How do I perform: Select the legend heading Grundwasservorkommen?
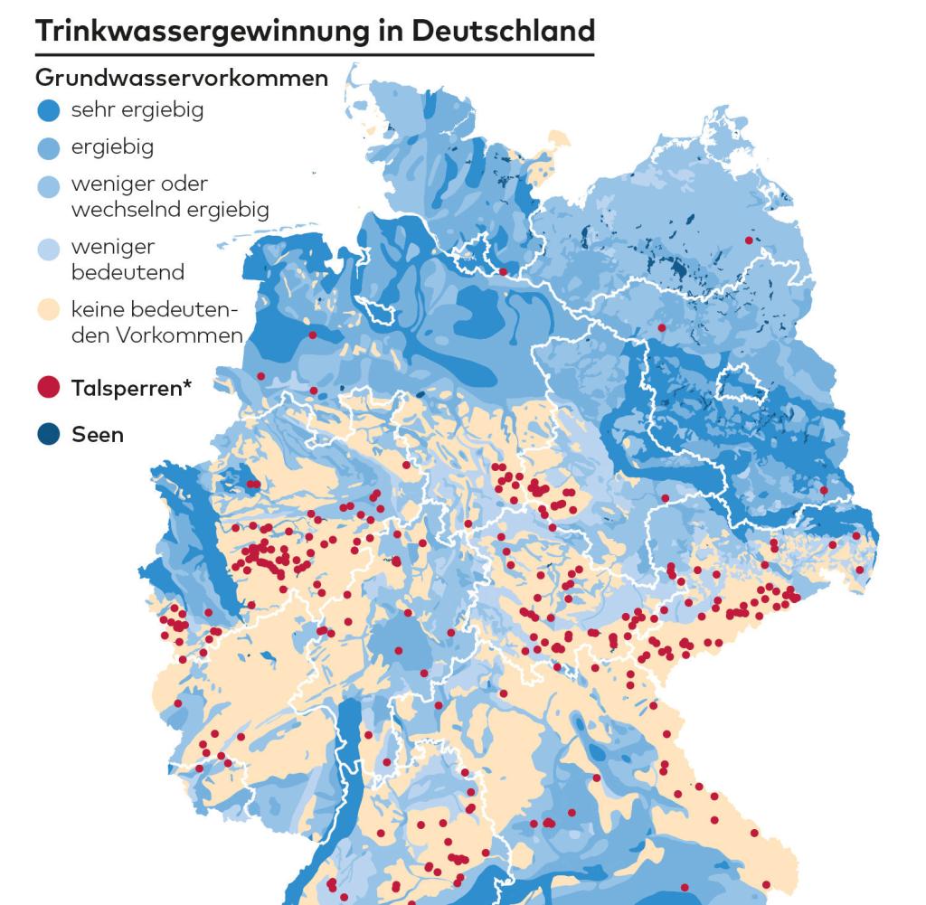pyautogui.click(x=181, y=79)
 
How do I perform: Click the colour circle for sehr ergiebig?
pyautogui.click(x=50, y=111)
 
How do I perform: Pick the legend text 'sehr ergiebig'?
pyautogui.click(x=137, y=110)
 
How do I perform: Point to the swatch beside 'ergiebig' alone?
pyautogui.click(x=50, y=146)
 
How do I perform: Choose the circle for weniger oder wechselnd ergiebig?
pyautogui.click(x=50, y=185)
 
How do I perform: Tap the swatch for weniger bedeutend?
pyautogui.click(x=50, y=249)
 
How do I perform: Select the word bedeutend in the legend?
pyautogui.click(x=128, y=272)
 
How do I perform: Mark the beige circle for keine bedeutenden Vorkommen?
pyautogui.click(x=50, y=312)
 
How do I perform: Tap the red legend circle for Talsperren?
pyautogui.click(x=50, y=389)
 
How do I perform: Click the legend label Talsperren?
pyautogui.click(x=125, y=389)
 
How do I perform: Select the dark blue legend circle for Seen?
pyautogui.click(x=50, y=434)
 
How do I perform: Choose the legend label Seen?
pyautogui.click(x=98, y=434)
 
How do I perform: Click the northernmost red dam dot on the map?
pyautogui.click(x=748, y=240)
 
